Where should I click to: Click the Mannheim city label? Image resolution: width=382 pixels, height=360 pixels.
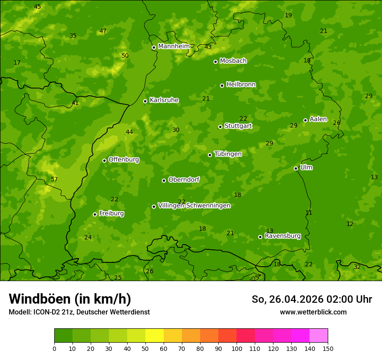[x=174, y=46]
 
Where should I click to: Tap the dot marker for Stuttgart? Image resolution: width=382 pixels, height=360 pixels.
[x=220, y=127]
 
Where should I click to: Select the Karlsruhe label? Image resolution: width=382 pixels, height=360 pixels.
[x=164, y=100]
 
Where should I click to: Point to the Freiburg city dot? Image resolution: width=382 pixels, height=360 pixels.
[x=95, y=214]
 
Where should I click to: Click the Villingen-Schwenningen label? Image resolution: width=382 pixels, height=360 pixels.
[x=194, y=206]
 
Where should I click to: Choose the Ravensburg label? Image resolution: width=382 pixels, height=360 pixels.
[x=282, y=236]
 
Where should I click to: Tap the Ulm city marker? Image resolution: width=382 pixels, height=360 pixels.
[x=296, y=168]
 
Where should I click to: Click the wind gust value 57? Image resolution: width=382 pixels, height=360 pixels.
[x=54, y=179]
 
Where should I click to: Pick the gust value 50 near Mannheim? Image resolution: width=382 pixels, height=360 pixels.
[x=125, y=56]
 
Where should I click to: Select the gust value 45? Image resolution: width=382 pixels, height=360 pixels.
[x=37, y=7]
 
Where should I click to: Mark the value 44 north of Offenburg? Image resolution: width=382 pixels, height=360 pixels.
[x=129, y=132]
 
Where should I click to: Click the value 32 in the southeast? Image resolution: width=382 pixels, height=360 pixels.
[x=357, y=267]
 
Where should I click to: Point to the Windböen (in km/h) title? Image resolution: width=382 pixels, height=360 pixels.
[x=70, y=299]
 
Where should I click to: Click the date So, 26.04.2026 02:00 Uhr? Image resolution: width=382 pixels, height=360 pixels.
[x=312, y=299]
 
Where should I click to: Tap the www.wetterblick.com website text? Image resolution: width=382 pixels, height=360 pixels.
[x=313, y=312]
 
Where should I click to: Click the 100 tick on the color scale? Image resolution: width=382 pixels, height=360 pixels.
[x=237, y=348]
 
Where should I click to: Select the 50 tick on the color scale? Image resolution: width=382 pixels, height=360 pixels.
[x=145, y=348]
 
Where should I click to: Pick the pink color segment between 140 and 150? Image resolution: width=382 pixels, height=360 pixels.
[x=319, y=336]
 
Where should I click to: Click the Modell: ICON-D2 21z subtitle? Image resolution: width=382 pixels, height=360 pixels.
[x=79, y=312]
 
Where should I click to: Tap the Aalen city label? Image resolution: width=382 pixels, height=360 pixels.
[x=318, y=119]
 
